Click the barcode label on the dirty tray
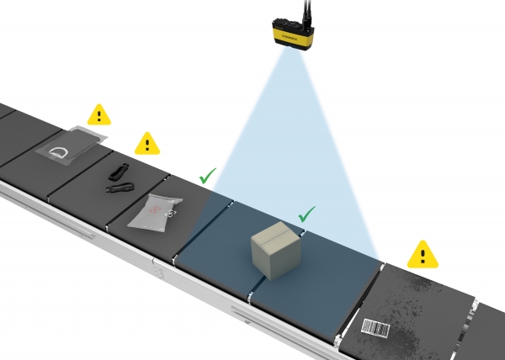(x=376, y=328)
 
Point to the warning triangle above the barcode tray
(x=423, y=253)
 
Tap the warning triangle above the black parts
(x=147, y=144)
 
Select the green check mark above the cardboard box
(x=307, y=214)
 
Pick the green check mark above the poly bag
(x=207, y=177)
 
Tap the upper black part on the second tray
(x=118, y=172)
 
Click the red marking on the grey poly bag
(x=157, y=213)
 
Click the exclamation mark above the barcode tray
(x=423, y=254)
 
